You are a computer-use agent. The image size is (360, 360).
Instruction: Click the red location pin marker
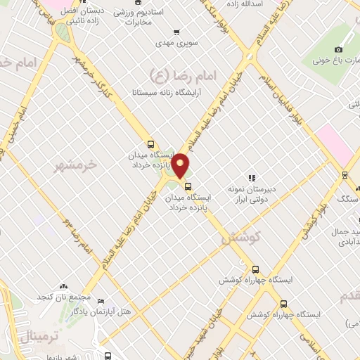[x=181, y=165]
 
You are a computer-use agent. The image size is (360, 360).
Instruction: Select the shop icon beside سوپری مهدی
[x=176, y=32]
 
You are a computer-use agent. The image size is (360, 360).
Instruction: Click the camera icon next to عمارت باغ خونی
[x=338, y=49]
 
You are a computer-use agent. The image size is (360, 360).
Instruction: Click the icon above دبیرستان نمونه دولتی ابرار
[x=252, y=177]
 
